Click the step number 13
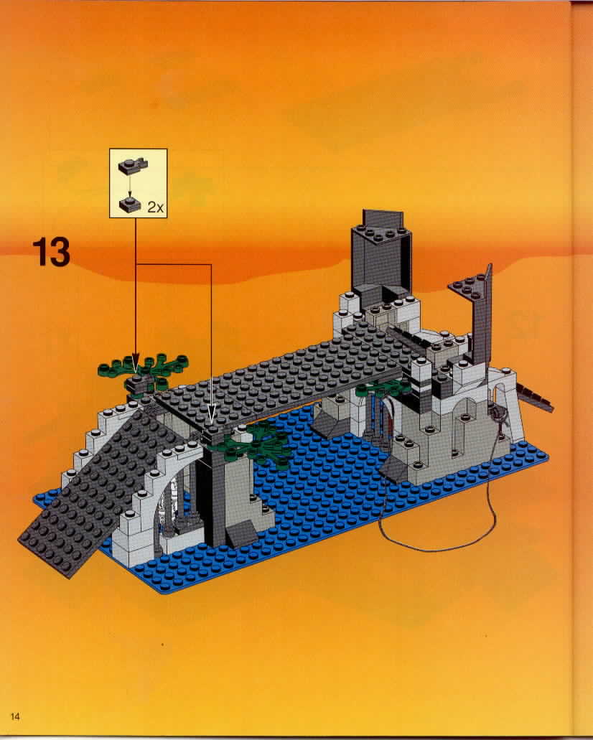52,252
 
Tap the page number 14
15,716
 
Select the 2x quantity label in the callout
156,207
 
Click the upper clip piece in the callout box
133,164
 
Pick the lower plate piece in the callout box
130,204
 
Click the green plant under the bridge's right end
383,388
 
